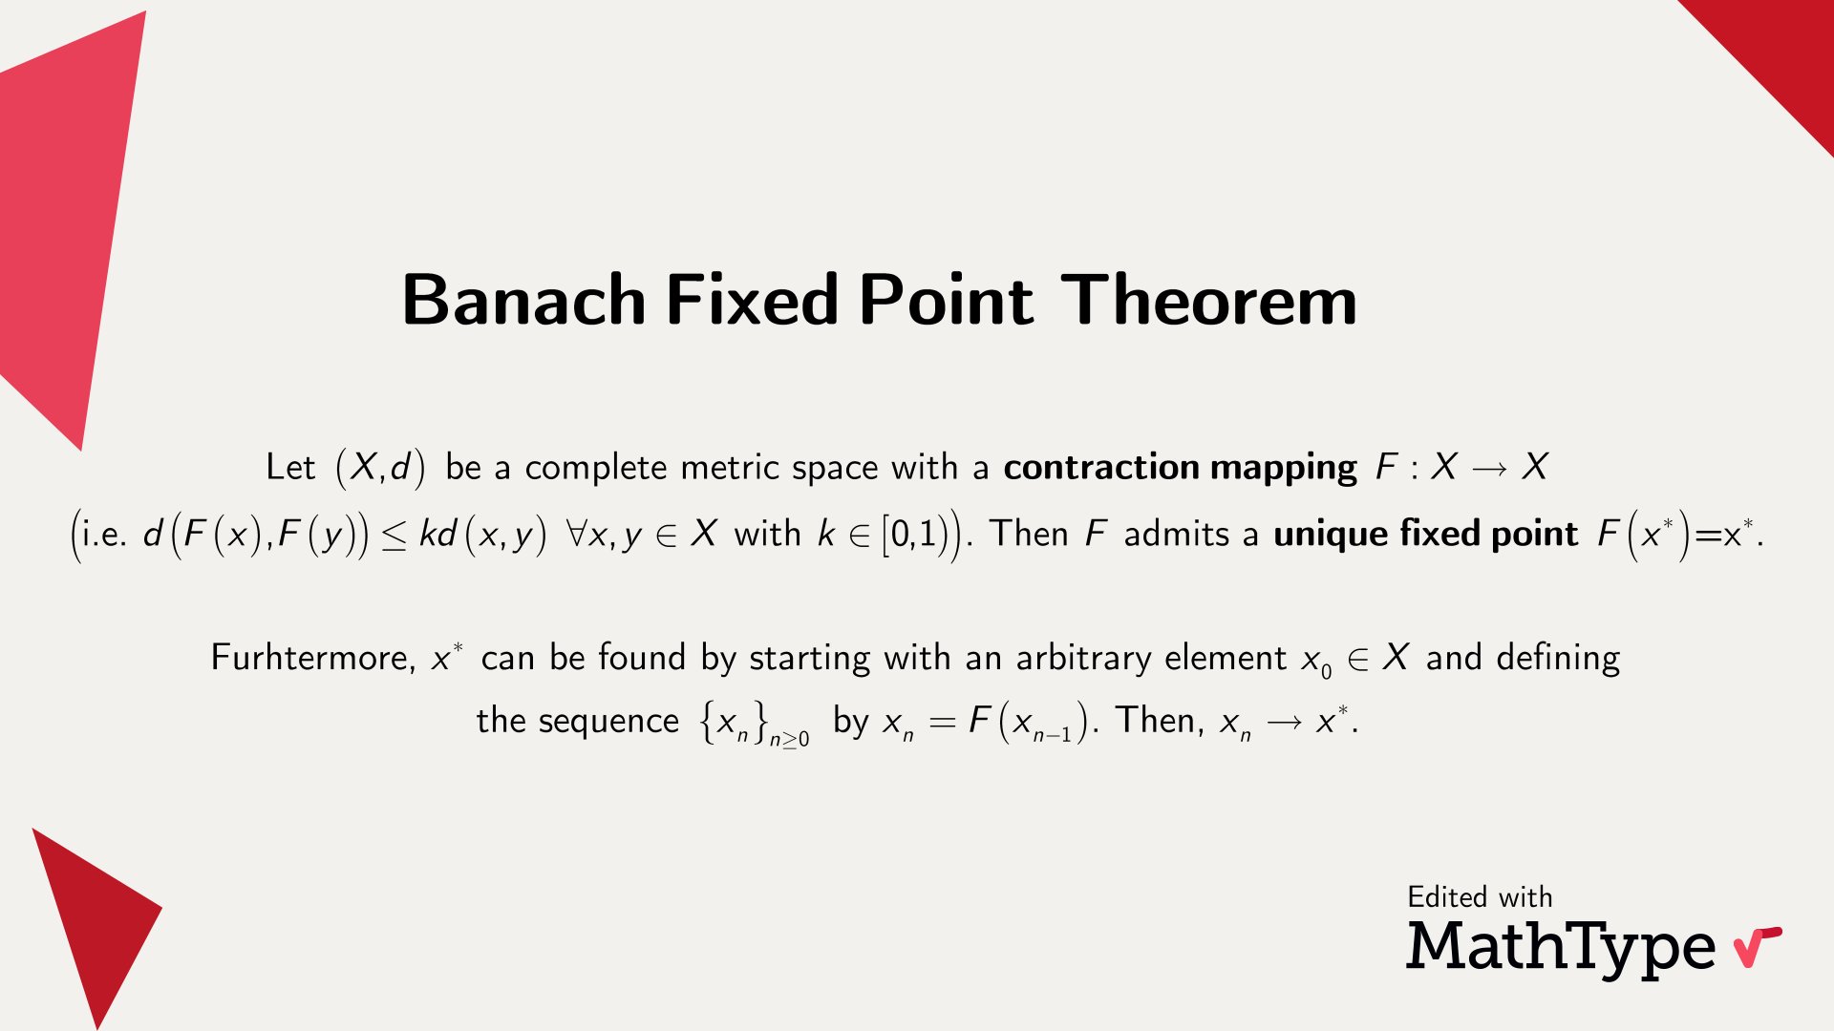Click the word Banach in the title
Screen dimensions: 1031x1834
click(x=524, y=300)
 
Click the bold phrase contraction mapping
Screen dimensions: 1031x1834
click(x=1180, y=468)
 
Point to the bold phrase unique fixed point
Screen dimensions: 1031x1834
click(x=1425, y=534)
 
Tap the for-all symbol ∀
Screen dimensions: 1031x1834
click(x=577, y=534)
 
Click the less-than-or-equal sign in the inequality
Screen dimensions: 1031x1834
click(x=394, y=536)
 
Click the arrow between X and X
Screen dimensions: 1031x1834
click(x=1490, y=468)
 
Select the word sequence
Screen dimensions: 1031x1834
click(x=608, y=721)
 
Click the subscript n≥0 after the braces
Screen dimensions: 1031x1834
click(x=790, y=738)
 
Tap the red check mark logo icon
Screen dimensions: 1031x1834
click(x=1758, y=946)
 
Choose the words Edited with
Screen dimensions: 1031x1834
click(x=1480, y=897)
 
